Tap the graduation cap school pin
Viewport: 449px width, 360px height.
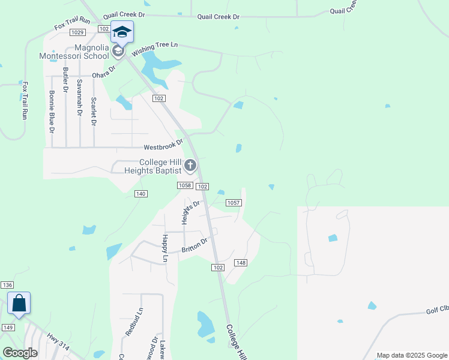click(122, 32)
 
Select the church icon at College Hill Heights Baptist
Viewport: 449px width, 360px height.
click(190, 165)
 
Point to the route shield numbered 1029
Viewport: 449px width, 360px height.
click(77, 32)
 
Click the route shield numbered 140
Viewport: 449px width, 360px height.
click(140, 194)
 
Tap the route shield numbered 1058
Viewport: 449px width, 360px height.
click(184, 186)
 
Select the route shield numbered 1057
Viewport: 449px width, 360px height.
click(234, 203)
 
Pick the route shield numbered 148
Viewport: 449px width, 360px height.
click(241, 263)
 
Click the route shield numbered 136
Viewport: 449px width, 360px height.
click(7, 285)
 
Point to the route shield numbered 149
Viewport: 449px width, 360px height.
click(8, 327)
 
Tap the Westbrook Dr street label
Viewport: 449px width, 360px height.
click(163, 147)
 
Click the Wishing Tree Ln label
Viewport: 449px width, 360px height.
click(155, 49)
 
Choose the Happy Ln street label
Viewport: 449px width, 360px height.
click(165, 248)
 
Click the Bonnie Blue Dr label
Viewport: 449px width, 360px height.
click(52, 112)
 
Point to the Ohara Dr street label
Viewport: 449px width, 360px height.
click(103, 73)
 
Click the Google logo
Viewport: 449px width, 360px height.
click(20, 353)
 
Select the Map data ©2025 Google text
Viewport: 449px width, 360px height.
click(411, 355)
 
